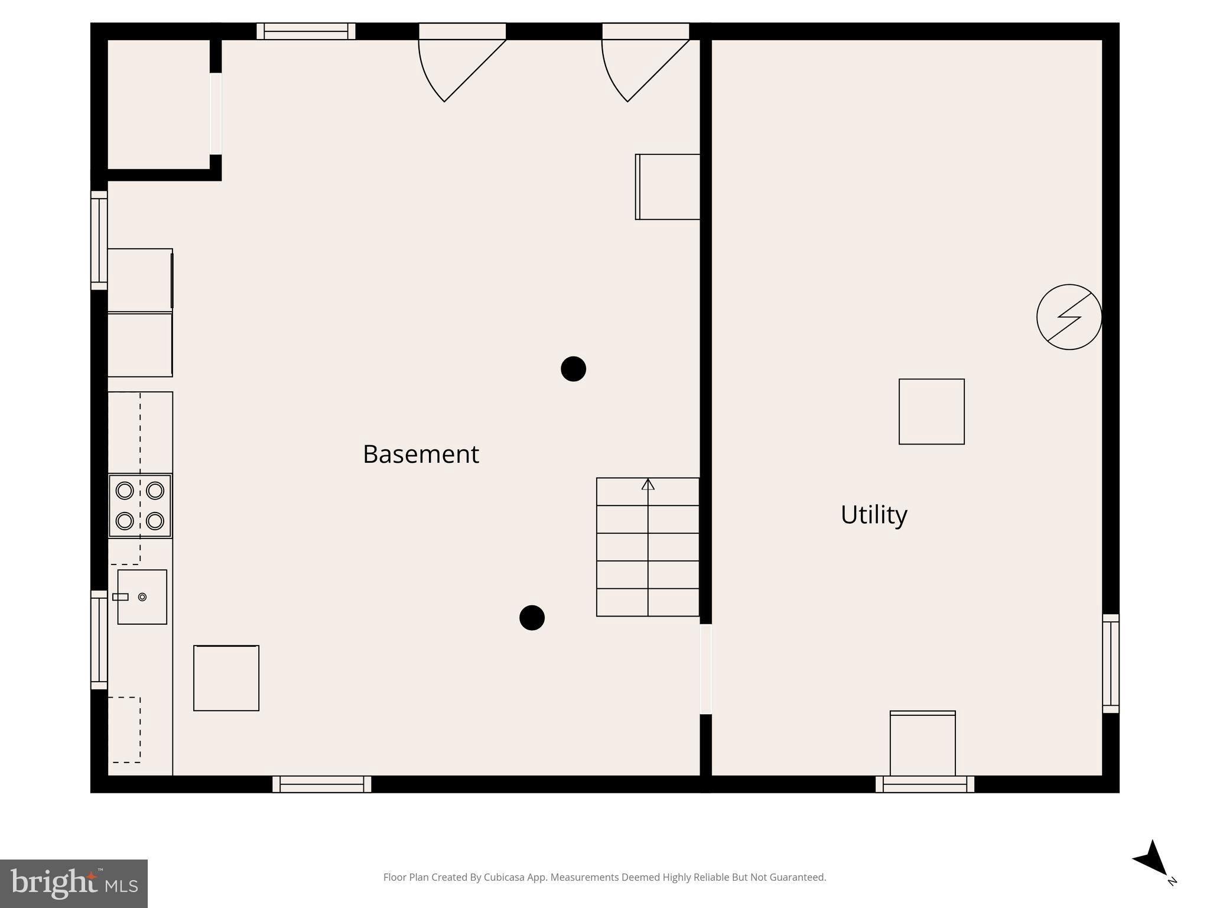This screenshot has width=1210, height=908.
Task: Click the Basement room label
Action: click(421, 454)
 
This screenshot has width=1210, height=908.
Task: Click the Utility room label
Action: click(874, 514)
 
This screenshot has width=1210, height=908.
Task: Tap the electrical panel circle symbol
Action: click(1069, 317)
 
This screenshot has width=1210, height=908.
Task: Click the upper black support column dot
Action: click(573, 369)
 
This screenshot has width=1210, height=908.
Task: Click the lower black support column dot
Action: click(532, 618)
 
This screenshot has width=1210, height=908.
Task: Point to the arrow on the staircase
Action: click(648, 485)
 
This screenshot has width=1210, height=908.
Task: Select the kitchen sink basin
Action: click(142, 597)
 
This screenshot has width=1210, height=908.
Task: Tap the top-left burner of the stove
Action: click(125, 491)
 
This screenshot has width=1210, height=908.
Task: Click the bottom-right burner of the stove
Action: click(155, 521)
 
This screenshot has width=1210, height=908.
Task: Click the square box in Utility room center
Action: click(932, 411)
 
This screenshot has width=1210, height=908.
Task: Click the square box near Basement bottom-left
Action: click(226, 678)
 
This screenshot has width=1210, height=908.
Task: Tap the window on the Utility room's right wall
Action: click(1111, 663)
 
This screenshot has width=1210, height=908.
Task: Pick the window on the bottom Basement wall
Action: click(322, 784)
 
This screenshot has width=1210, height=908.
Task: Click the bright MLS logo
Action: click(74, 884)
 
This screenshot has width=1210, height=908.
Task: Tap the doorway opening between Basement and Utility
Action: click(705, 669)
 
